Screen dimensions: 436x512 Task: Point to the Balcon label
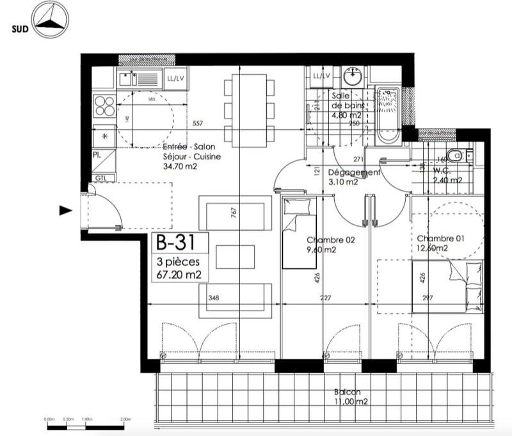(x=346, y=392)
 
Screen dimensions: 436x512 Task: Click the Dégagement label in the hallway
(x=354, y=173)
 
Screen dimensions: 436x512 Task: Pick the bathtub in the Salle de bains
(x=388, y=114)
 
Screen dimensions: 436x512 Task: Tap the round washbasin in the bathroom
(x=351, y=78)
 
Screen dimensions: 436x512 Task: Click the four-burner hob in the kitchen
(x=104, y=106)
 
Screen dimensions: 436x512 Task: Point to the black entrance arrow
(x=64, y=210)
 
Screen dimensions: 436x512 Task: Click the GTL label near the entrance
(x=100, y=177)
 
